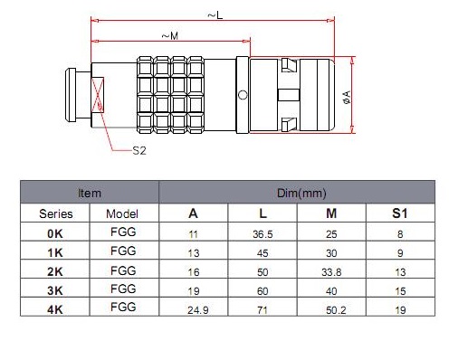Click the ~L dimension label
[215, 14]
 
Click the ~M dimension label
[170, 36]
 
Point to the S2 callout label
[139, 150]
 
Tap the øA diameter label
[348, 97]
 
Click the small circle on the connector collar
[243, 95]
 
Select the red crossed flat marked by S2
[98, 95]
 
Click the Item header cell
[90, 193]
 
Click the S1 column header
[400, 213]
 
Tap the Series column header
[56, 213]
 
